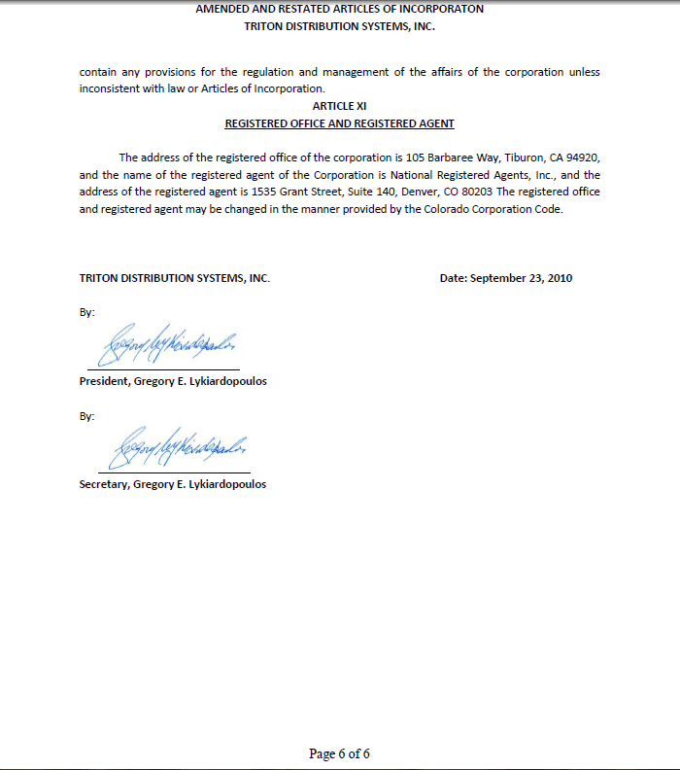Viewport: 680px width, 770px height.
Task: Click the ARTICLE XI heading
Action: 339,105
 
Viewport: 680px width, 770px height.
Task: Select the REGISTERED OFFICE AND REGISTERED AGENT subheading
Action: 339,123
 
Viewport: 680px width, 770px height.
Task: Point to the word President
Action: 103,381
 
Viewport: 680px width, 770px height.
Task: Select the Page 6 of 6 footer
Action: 339,753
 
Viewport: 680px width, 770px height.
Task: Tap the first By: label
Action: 86,313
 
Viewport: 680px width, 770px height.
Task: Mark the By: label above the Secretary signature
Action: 86,416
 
